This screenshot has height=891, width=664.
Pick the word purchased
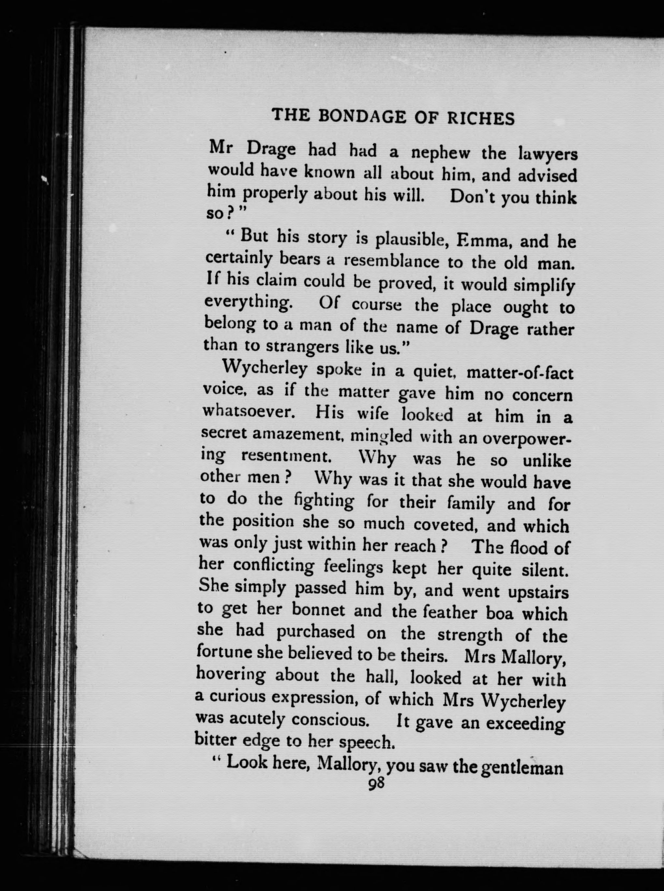coord(315,632)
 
